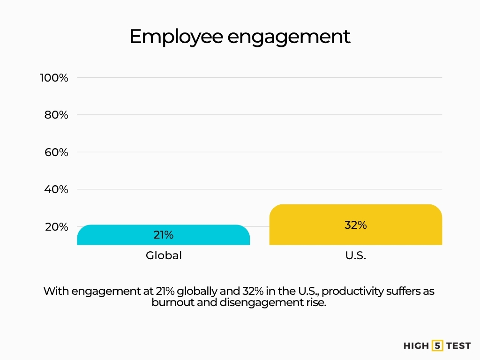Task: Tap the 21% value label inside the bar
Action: click(163, 235)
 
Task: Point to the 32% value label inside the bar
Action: click(355, 225)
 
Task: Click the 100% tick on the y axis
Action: click(54, 78)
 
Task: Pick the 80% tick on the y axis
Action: click(57, 115)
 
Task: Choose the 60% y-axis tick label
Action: click(57, 152)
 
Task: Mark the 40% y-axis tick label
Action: click(57, 189)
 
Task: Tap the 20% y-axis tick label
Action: click(57, 227)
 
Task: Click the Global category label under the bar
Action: click(163, 256)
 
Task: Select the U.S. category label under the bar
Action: click(355, 256)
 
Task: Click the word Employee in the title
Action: click(176, 37)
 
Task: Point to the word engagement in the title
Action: click(289, 37)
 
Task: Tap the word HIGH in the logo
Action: click(416, 346)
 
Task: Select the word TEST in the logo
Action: click(458, 346)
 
